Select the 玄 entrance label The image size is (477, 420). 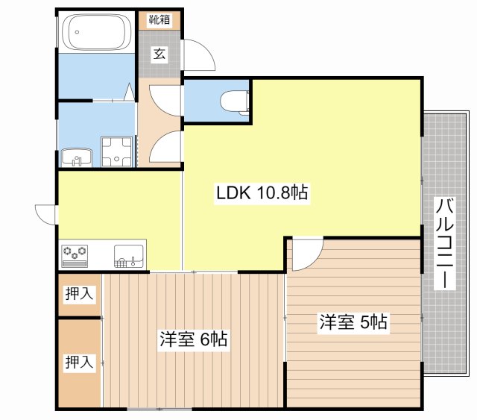159,53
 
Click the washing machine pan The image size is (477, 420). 116,152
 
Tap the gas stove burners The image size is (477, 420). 75,255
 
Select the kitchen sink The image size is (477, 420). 129,255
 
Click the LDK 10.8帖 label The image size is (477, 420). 262,193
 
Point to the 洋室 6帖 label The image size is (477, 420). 193,339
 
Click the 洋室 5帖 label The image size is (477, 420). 353,322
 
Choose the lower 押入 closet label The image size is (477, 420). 79,363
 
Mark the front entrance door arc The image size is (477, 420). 198,56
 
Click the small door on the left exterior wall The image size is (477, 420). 45,213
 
